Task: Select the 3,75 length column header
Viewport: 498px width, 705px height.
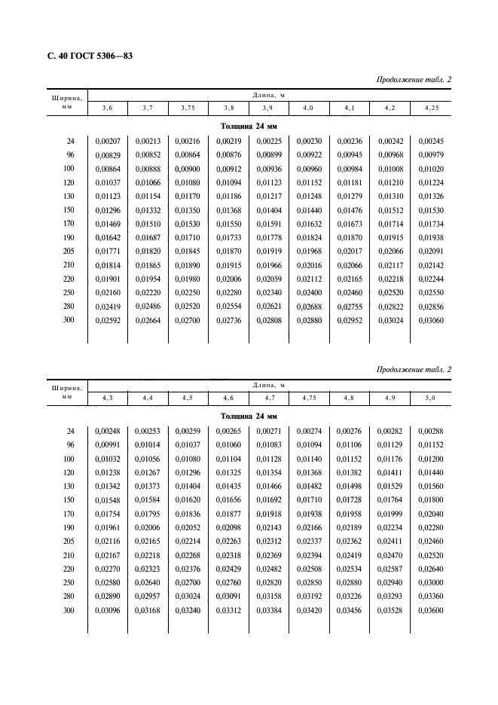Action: coord(188,108)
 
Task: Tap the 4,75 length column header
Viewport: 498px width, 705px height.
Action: coord(310,397)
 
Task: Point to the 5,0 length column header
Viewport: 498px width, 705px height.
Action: coord(430,397)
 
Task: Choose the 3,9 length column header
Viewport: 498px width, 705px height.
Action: coord(268,108)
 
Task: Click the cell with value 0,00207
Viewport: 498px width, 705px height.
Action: coord(106,141)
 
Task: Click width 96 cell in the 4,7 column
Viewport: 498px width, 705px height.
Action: coord(268,444)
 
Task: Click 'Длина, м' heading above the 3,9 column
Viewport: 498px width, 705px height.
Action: coord(268,95)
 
